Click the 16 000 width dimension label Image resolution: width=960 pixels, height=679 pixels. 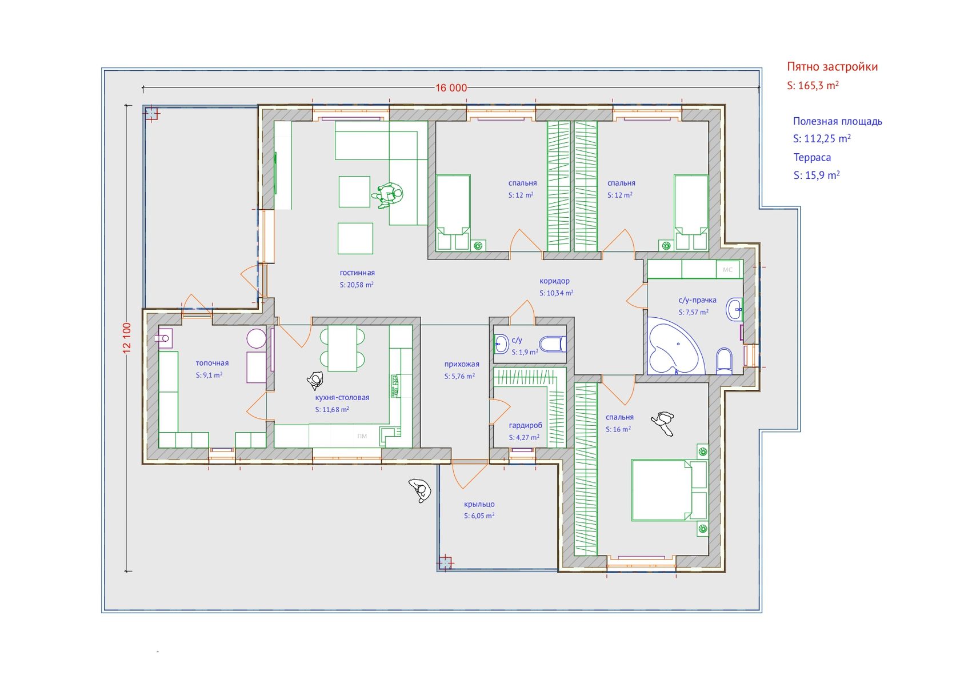click(x=451, y=88)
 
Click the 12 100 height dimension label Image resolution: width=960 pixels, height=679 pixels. click(x=127, y=338)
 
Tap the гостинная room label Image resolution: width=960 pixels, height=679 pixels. click(x=357, y=273)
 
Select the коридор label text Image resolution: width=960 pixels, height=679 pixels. click(x=554, y=281)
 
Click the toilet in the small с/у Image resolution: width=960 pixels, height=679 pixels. click(x=553, y=344)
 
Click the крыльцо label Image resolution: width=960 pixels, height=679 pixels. click(x=479, y=504)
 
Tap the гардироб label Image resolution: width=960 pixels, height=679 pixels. click(x=526, y=425)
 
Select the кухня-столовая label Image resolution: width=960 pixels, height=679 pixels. click(x=342, y=397)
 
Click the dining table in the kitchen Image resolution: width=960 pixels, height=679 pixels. click(x=342, y=348)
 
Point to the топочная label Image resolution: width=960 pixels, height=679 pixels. click(x=212, y=363)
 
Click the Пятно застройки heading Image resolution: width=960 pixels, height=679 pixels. click(x=832, y=66)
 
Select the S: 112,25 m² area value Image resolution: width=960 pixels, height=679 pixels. click(x=822, y=138)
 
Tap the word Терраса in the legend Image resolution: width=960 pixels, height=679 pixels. click(x=812, y=157)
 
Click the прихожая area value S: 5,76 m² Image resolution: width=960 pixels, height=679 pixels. click(x=459, y=376)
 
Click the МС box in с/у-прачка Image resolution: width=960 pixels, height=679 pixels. click(x=728, y=270)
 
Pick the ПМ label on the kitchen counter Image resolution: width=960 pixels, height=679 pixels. click(x=362, y=436)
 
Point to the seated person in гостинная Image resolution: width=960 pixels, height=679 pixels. click(x=388, y=195)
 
